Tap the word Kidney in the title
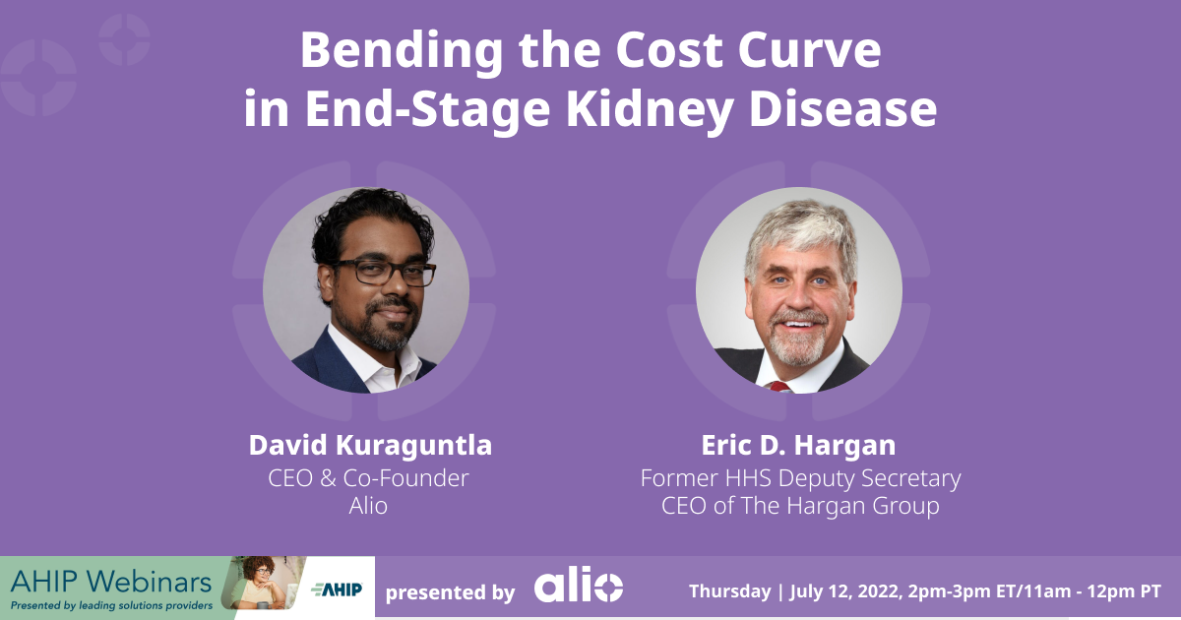tap(650, 109)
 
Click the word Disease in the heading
tap(842, 108)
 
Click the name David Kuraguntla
tap(370, 446)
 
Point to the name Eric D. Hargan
tap(798, 446)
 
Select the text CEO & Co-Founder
tap(368, 478)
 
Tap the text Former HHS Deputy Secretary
tap(800, 478)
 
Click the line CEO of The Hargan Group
tap(800, 506)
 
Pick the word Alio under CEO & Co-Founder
tap(368, 506)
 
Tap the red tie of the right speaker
tap(780, 387)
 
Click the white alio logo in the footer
tap(579, 585)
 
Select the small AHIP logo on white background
tap(337, 589)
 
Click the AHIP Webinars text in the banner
tap(110, 583)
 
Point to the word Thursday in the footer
tap(729, 591)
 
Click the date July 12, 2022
tap(843, 591)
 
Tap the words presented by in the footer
tap(450, 592)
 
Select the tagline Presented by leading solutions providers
tap(111, 605)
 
